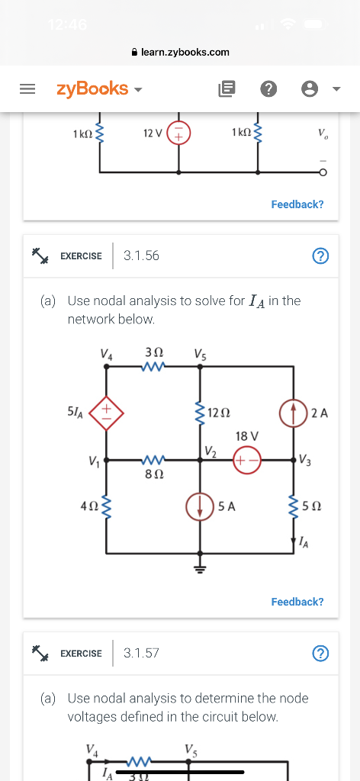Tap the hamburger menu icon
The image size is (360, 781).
tap(27, 88)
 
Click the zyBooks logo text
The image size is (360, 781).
tap(92, 88)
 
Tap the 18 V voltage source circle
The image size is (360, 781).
tap(248, 460)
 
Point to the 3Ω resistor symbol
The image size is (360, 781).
tap(154, 367)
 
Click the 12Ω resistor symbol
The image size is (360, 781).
tap(199, 413)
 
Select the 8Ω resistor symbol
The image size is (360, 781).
tap(154, 460)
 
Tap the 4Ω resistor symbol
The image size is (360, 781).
tap(106, 504)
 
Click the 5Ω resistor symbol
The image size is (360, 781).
tap(294, 504)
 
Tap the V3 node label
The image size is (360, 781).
tap(305, 459)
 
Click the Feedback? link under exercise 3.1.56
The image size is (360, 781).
tap(297, 602)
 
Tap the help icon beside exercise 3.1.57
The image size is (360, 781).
tap(321, 654)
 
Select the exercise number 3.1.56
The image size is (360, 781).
tap(141, 256)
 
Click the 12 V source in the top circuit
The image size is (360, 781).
tap(179, 134)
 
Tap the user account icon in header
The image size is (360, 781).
tap(310, 88)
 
